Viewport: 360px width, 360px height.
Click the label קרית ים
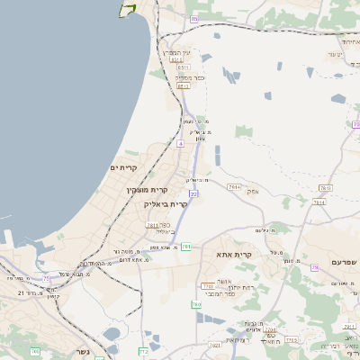[123, 168]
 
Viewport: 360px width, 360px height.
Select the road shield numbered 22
[193, 193]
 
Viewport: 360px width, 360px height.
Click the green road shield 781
[186, 247]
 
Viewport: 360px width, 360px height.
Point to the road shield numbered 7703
[209, 286]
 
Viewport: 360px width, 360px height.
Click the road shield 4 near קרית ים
[180, 143]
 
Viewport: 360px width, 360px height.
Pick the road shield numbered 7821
[214, 345]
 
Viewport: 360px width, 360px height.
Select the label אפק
[254, 191]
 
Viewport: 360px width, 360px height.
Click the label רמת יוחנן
[229, 286]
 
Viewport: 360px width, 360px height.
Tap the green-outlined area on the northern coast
[127, 10]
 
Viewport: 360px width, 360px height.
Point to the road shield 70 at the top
[193, 19]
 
